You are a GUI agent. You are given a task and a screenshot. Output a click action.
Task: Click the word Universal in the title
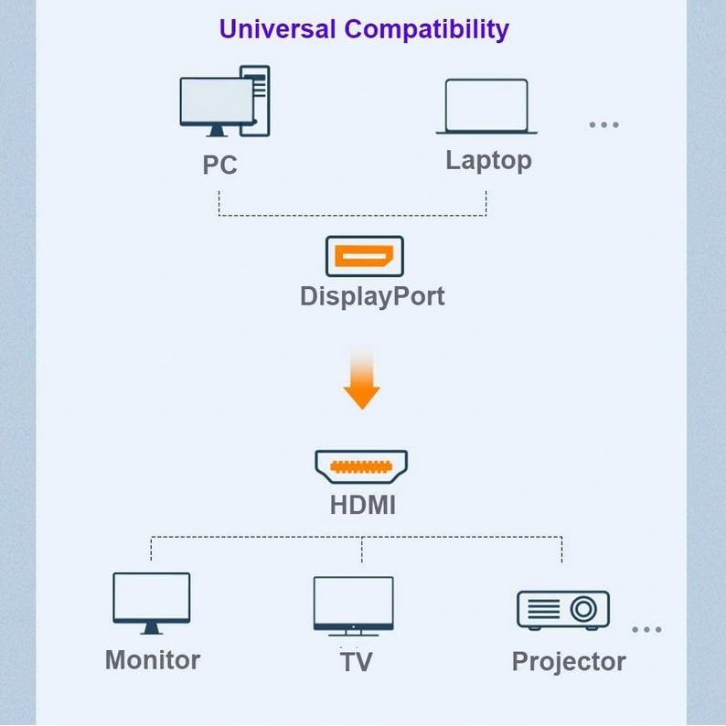[278, 28]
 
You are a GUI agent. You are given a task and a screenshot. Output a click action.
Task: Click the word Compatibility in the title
[426, 29]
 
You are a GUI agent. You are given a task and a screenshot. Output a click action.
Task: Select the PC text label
[219, 165]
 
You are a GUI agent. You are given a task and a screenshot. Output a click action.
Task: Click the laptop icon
[486, 107]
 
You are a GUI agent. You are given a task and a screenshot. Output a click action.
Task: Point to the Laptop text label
[488, 161]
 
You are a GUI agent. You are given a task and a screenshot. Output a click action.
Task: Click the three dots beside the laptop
[603, 124]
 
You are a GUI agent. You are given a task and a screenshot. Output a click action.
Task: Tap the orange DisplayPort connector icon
[364, 256]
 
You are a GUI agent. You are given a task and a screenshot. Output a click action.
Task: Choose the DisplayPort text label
[372, 296]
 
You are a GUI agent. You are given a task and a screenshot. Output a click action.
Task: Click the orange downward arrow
[362, 379]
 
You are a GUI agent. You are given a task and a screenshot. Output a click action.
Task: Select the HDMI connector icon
[361, 466]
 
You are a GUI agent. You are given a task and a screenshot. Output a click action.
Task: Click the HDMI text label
[362, 505]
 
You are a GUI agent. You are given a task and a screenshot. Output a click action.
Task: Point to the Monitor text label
[153, 660]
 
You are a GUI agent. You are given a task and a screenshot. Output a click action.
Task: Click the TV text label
[356, 662]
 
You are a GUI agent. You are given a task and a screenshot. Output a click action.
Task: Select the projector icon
[562, 609]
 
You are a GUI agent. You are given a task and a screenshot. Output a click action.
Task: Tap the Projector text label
[569, 662]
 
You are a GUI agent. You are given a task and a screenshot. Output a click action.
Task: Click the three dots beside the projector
[646, 629]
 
